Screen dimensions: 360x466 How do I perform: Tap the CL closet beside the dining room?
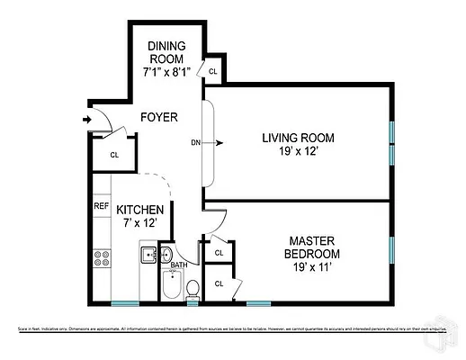click(213, 71)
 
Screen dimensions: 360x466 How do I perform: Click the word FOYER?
click(158, 118)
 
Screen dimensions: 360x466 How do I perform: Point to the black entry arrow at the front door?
click(86, 118)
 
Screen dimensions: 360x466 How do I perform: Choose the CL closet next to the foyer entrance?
click(114, 154)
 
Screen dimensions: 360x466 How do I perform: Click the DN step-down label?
click(195, 142)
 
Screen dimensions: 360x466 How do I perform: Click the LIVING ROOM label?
click(298, 138)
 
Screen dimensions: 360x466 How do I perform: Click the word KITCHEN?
click(139, 210)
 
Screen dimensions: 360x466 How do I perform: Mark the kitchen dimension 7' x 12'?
click(139, 223)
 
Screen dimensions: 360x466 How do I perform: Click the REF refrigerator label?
click(102, 206)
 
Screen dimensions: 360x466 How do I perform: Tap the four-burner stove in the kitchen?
click(102, 259)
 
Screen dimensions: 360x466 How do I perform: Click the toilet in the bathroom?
click(192, 289)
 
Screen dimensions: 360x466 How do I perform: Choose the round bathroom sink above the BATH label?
click(166, 253)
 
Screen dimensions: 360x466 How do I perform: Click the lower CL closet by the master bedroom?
click(219, 283)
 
